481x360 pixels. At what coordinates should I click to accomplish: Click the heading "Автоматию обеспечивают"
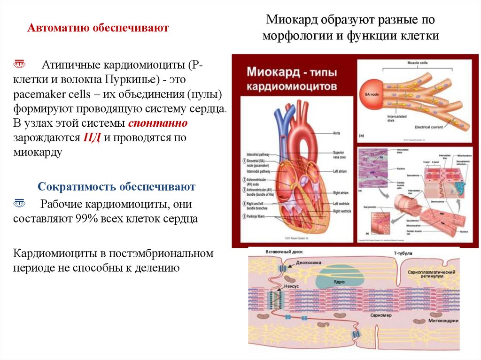coord(98,28)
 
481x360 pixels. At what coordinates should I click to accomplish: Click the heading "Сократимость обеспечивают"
coord(116,187)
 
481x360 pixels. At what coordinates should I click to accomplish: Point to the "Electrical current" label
coord(430,127)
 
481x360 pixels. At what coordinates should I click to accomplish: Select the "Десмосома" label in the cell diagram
coord(310,263)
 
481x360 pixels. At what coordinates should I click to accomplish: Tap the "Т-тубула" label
coord(403,253)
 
